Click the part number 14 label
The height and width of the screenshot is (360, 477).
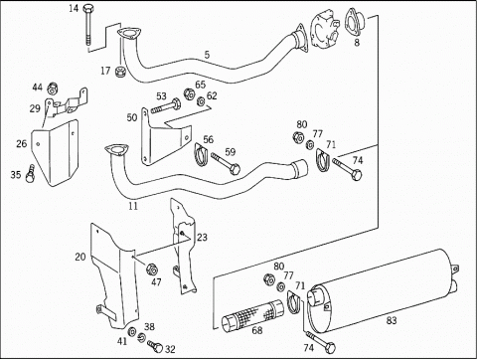coord(74,8)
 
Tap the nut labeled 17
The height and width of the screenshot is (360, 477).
coord(119,72)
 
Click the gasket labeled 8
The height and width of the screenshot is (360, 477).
coord(355,22)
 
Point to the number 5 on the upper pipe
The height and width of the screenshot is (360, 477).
coord(207,55)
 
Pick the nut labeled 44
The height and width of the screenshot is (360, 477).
coord(53,89)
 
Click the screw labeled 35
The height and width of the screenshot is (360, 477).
coord(30,174)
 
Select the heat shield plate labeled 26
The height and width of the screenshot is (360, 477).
coord(55,153)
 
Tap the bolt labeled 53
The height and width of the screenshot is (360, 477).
coord(166,107)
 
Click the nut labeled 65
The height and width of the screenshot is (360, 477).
coord(190,94)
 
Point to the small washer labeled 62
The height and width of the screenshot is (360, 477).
coord(201,101)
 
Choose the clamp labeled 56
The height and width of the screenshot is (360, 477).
coord(201,155)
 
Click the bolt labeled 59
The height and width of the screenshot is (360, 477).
coord(226,163)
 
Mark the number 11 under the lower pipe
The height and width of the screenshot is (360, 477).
coord(133,206)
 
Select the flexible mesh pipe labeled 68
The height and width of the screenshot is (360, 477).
coord(252,315)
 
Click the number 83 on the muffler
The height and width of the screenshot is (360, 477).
coord(392,320)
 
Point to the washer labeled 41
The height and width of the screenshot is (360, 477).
coord(132,331)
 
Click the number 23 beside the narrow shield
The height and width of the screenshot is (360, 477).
coord(202,237)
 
